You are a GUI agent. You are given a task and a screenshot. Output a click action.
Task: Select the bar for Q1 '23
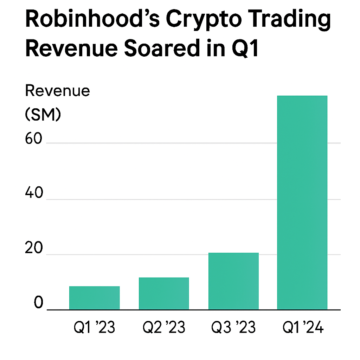(x=94, y=298)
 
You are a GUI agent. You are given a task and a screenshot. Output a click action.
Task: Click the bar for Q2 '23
(x=164, y=294)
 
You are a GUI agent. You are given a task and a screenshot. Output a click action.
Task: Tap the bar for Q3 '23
(x=233, y=281)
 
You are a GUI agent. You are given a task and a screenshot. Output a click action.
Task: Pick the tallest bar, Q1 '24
(x=302, y=202)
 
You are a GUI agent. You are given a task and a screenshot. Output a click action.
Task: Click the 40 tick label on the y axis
(x=34, y=194)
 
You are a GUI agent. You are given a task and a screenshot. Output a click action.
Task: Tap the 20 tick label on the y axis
(x=34, y=249)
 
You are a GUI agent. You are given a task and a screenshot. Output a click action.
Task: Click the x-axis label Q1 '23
(x=94, y=328)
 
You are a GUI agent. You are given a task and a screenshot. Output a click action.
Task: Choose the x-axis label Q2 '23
(x=164, y=328)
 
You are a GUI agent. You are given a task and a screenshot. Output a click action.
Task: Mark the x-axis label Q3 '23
(x=233, y=328)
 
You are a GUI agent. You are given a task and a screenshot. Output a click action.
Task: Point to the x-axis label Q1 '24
(x=303, y=328)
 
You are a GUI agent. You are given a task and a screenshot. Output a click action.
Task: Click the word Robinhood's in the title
(x=91, y=20)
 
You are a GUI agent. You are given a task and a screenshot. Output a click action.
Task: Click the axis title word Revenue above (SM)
(x=58, y=91)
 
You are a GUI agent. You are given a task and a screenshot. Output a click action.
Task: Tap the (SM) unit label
(x=43, y=115)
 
